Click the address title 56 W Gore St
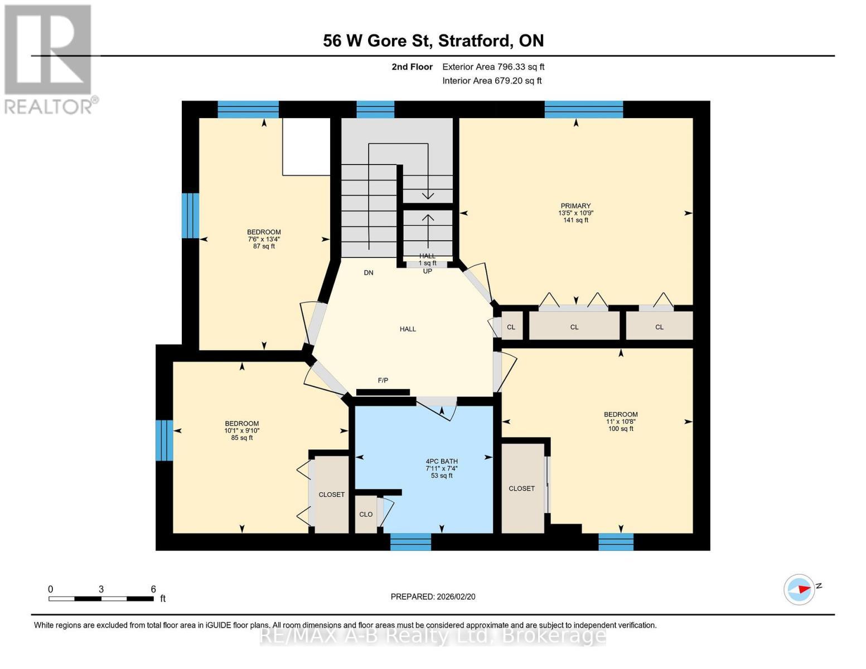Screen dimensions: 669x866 [433, 41]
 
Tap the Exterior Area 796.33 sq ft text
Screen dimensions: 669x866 [493, 67]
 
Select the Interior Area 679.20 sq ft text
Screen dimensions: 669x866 [492, 81]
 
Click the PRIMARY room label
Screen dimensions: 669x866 [575, 206]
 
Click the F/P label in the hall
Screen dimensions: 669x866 [383, 381]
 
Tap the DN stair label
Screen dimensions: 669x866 [369, 273]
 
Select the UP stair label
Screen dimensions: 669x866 [428, 272]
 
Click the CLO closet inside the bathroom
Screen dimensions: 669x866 [366, 514]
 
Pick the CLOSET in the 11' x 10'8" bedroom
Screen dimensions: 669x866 [522, 488]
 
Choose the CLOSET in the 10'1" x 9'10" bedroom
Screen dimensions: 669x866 [331, 495]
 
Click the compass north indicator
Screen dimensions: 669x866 [800, 589]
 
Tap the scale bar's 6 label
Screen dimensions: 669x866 [153, 589]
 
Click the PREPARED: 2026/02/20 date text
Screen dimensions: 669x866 [433, 597]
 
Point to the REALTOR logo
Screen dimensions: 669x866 [49, 59]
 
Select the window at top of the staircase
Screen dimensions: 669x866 [375, 109]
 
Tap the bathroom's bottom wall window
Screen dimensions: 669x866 [410, 541]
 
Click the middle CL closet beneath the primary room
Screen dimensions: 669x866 [574, 327]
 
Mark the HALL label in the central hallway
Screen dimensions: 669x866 [408, 329]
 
